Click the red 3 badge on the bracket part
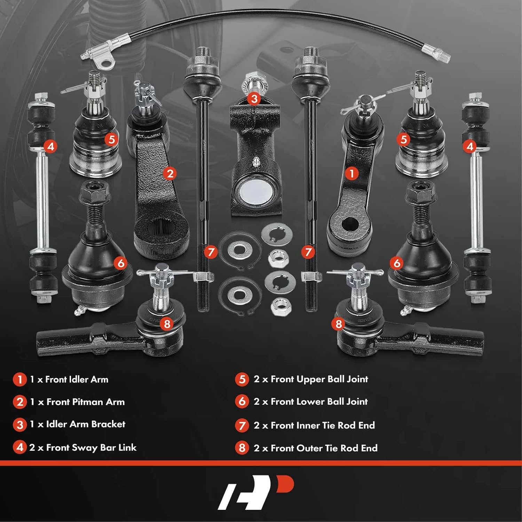pos(254,98)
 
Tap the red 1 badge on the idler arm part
pos(351,173)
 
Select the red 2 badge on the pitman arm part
pos(170,173)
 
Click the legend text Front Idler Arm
pos(77,379)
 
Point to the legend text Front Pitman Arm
pos(85,402)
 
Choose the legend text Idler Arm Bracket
pos(86,424)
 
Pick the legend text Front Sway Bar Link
pos(91,448)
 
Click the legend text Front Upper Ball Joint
pos(319,379)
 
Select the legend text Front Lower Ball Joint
pos(319,402)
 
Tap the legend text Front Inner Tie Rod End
pos(323,425)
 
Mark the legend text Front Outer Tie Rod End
pos(324,448)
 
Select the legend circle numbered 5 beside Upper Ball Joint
pos(242,379)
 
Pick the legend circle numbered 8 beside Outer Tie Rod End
pos(242,448)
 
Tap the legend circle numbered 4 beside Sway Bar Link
pos(19,448)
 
